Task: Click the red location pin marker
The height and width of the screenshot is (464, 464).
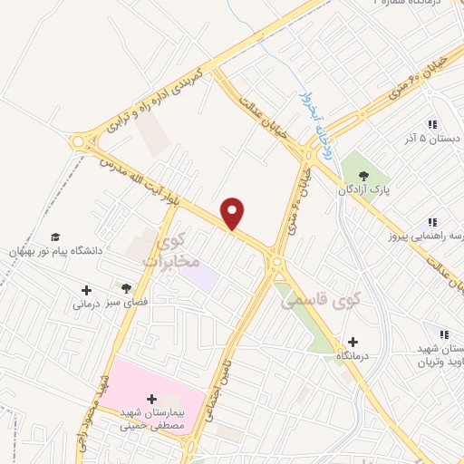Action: (233, 212)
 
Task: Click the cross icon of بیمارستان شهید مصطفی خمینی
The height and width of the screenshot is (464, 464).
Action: (150, 398)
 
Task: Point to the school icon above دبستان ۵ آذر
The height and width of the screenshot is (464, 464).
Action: (432, 125)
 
